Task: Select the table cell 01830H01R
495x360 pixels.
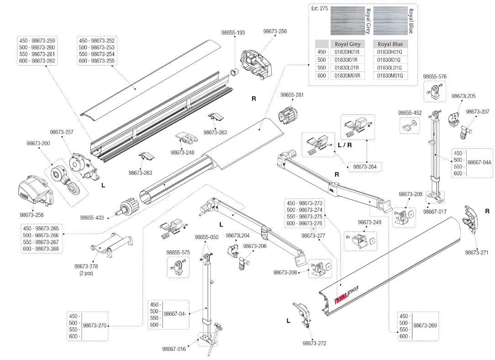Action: coord(348,52)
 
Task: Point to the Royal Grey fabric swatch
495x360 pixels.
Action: coord(347,21)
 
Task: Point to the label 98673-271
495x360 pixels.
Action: coord(477,252)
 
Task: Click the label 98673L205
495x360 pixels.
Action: coord(463,96)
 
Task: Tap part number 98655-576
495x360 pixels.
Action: coord(435,76)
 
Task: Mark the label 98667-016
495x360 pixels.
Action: coord(174,349)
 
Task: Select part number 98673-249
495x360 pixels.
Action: coord(369,222)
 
